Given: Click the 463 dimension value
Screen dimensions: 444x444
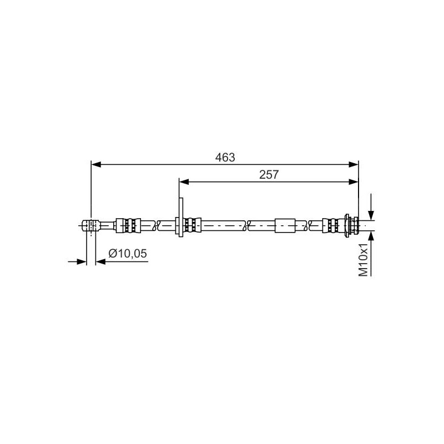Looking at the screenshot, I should pyautogui.click(x=225, y=158).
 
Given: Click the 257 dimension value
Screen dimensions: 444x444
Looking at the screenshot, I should pyautogui.click(x=269, y=174).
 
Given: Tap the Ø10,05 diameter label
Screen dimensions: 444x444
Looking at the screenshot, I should pyautogui.click(x=128, y=254).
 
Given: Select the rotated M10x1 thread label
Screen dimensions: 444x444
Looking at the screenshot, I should pyautogui.click(x=364, y=259).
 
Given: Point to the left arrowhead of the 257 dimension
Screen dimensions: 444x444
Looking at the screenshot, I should pyautogui.click(x=184, y=181).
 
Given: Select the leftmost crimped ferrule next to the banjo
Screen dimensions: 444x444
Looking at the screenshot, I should pyautogui.click(x=129, y=225).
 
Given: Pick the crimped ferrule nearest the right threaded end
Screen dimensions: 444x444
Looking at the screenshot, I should pyautogui.click(x=334, y=225).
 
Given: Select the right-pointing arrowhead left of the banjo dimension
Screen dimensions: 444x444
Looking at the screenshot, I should pyautogui.click(x=83, y=261).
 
